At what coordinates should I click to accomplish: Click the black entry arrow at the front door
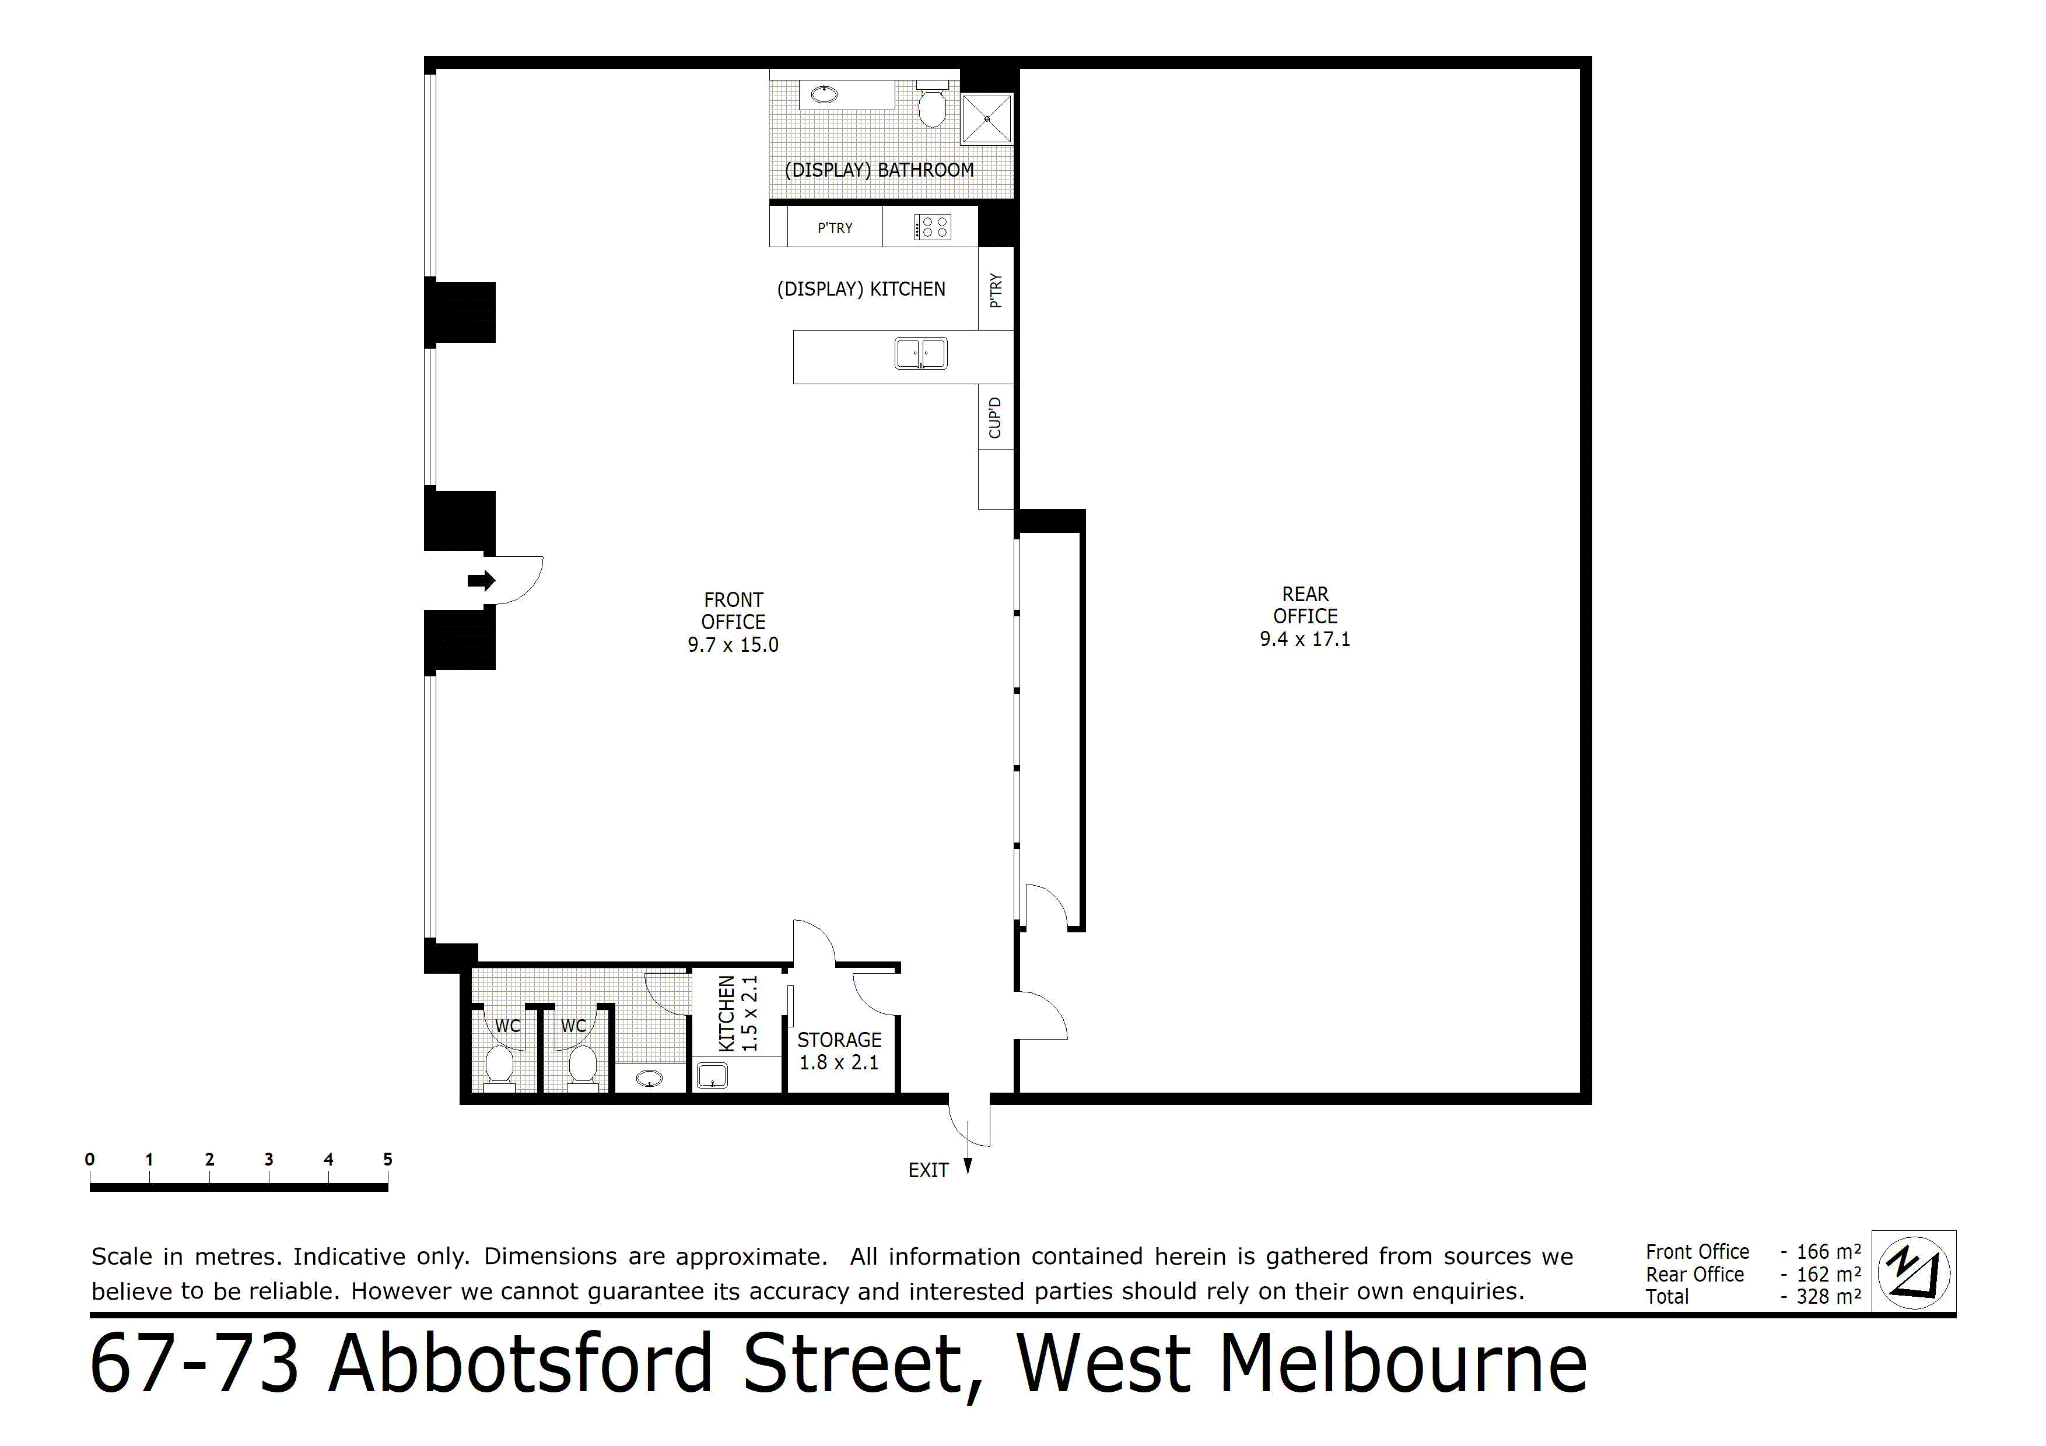[x=481, y=581]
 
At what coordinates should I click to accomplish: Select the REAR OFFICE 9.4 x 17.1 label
[x=1305, y=616]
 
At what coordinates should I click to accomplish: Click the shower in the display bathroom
[x=987, y=118]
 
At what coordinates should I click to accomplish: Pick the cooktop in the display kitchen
[x=932, y=227]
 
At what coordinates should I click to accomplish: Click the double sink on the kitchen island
[x=920, y=354]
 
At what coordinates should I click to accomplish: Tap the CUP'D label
[x=996, y=418]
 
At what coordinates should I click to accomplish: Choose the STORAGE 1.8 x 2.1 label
[x=839, y=1051]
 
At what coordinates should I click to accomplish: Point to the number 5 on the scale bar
[x=388, y=1159]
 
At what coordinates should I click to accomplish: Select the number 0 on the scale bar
[x=90, y=1159]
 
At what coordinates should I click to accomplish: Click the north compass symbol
[x=1913, y=1272]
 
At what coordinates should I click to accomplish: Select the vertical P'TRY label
[x=996, y=290]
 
